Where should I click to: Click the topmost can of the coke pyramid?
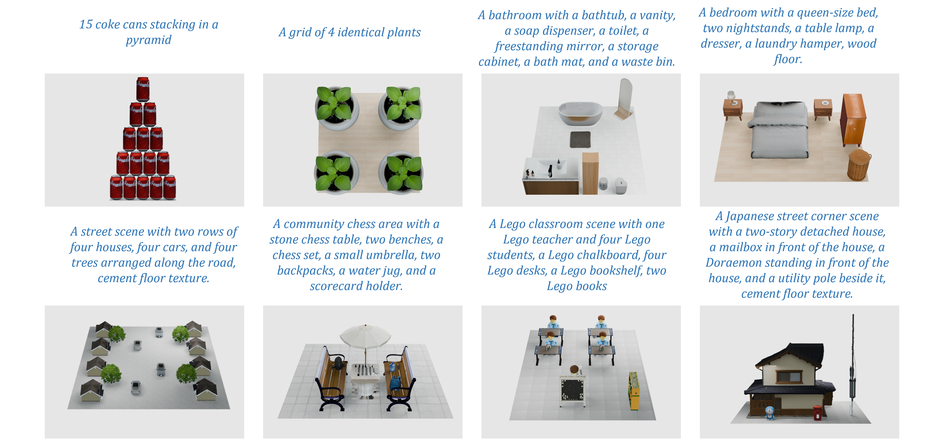[143, 89]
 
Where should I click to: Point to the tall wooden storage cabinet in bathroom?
[590, 173]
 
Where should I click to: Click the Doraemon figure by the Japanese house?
[770, 412]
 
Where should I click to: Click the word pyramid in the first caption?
[148, 40]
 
